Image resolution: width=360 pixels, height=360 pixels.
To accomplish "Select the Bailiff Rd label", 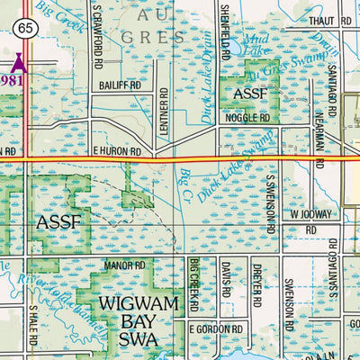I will [122, 85].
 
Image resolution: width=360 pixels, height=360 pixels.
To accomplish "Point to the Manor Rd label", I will [124, 265].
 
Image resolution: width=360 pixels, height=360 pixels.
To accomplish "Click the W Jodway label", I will [311, 214].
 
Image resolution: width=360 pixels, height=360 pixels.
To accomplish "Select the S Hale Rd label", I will [34, 326].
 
